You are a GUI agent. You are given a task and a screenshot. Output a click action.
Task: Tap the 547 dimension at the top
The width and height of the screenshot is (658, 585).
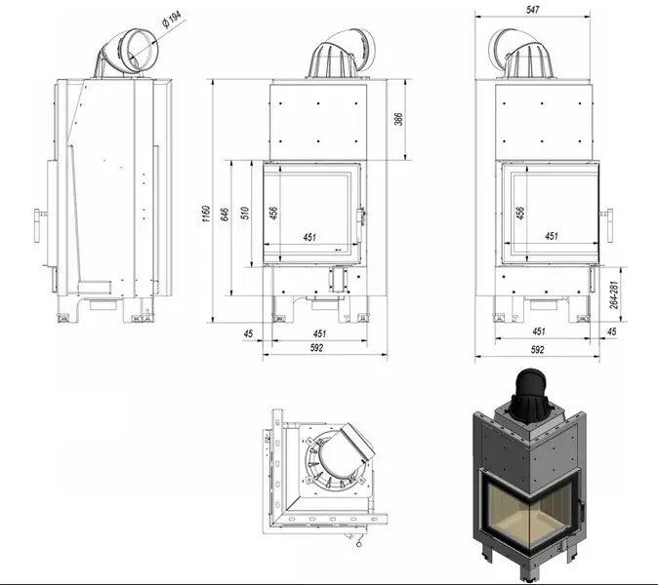(x=532, y=10)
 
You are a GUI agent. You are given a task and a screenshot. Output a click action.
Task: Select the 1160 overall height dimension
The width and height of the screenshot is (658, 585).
(x=206, y=214)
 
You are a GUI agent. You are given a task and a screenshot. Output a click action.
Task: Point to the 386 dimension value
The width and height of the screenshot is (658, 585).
(x=398, y=119)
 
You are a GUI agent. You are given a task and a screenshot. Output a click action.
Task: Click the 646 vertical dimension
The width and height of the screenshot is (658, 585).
(x=225, y=214)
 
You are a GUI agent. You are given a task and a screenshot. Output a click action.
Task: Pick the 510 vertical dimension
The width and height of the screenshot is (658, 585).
(x=245, y=213)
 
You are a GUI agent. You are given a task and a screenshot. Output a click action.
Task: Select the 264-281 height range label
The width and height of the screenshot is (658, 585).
(x=614, y=295)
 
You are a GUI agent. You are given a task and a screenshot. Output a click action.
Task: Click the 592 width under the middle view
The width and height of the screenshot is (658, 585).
(x=317, y=347)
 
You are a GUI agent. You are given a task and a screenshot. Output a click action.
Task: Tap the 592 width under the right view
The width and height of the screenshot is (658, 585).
(x=538, y=349)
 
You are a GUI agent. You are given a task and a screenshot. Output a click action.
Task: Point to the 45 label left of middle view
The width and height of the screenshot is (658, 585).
(x=248, y=333)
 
